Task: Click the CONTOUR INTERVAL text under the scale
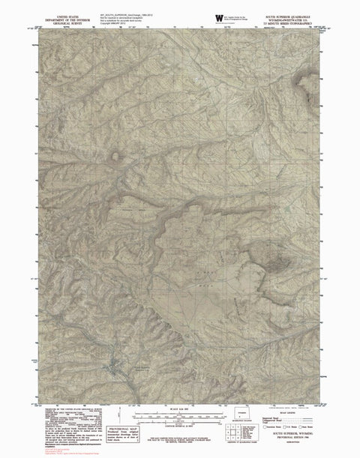[180, 422]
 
